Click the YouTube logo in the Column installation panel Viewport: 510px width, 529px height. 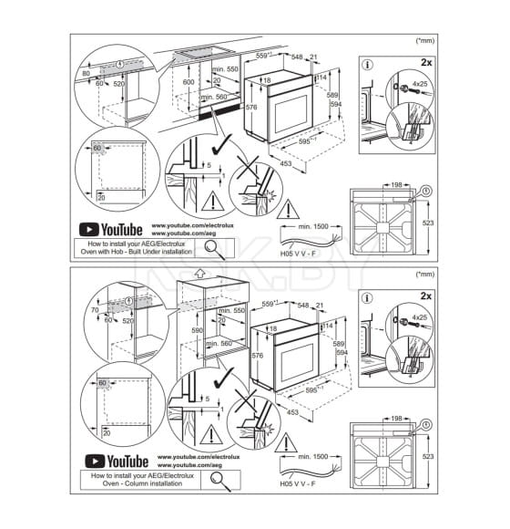[x=111, y=461]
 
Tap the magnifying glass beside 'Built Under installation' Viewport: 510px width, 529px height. [x=211, y=245]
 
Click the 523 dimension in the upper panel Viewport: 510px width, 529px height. [x=429, y=221]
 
